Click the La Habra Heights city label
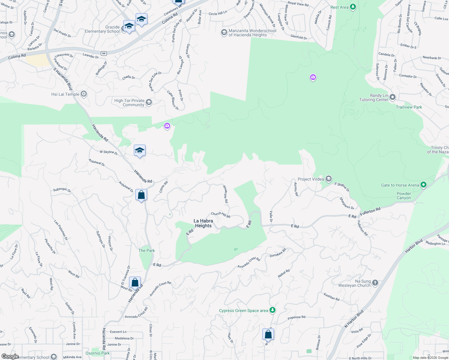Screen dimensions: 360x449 [x=203, y=223]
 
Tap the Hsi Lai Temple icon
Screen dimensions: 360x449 [x=84, y=94]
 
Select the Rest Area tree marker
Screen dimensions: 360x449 [x=353, y=7]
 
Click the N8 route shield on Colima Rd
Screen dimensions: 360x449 [x=104, y=54]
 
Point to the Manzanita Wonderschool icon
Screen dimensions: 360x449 [x=224, y=32]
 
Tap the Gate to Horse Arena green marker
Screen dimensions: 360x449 [x=423, y=185]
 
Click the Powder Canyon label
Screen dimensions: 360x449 [x=404, y=196]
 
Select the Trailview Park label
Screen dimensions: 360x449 [x=409, y=107]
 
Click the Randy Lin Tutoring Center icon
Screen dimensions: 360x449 [x=393, y=97]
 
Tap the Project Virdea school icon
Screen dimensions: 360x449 [x=329, y=179]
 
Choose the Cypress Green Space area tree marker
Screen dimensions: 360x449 [x=273, y=310]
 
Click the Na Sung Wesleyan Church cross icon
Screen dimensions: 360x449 [x=375, y=283]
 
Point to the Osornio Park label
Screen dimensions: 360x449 [x=98, y=353]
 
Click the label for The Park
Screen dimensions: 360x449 [x=146, y=250]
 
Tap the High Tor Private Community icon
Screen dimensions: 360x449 [x=149, y=103]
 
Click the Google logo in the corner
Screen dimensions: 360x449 [x=10, y=356]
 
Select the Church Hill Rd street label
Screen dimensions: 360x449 [x=221, y=215]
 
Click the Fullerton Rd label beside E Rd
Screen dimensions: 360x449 [x=370, y=211]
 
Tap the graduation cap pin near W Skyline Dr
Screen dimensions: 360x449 [x=140, y=150]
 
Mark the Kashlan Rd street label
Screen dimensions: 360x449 [x=331, y=297]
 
